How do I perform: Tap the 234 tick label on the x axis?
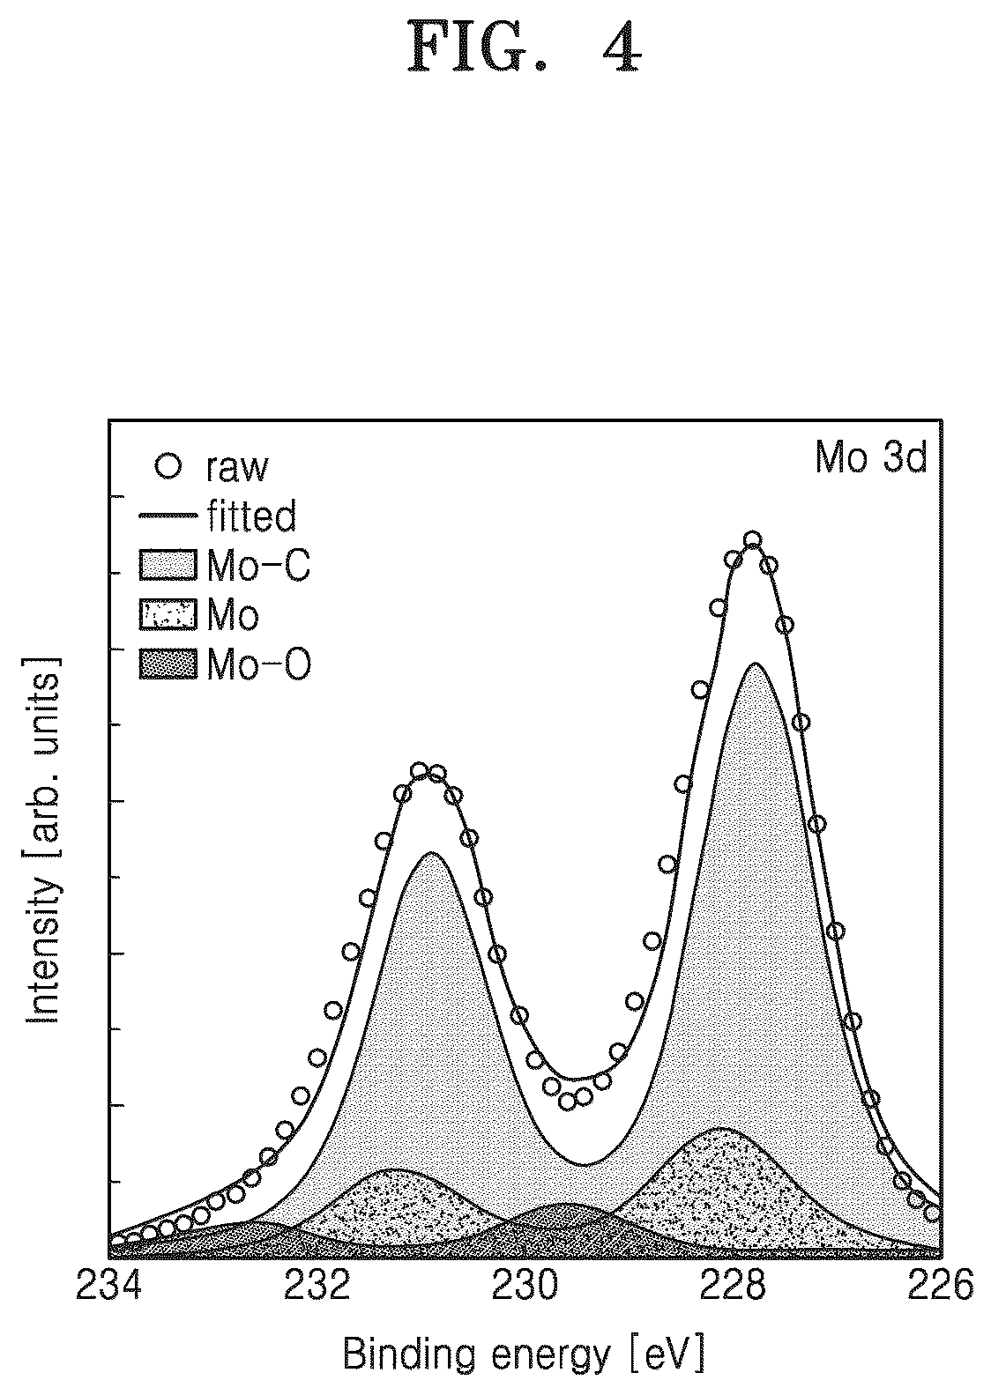pos(108,1285)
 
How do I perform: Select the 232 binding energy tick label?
pos(317,1285)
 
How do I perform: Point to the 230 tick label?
pos(525,1285)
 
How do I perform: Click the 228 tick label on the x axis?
pos(733,1285)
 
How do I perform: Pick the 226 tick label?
pos(940,1285)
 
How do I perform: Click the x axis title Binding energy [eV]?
pos(525,1355)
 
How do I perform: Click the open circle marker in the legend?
pos(168,466)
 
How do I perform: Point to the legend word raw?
pos(237,468)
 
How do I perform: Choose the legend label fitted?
pos(251,516)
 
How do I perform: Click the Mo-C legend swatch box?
pos(168,565)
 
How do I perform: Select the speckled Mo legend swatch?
pos(168,614)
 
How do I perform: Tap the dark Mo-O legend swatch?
pos(168,664)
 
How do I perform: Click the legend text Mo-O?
pos(258,664)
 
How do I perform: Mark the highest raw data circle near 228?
pos(752,539)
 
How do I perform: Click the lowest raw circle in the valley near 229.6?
pos(567,1102)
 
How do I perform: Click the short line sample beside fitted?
pos(168,516)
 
